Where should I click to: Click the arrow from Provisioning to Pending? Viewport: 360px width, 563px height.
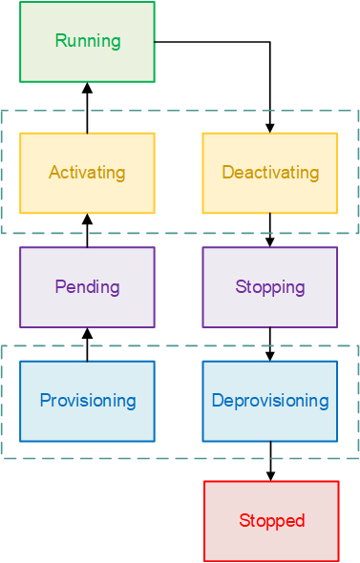[87, 344]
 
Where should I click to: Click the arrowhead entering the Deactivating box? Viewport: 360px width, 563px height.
[270, 127]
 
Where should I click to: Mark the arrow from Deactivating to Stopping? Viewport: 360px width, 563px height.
[270, 230]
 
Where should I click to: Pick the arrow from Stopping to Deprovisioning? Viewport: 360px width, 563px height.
[270, 344]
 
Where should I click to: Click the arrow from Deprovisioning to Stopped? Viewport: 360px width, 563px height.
[270, 461]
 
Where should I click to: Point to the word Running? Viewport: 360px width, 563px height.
[88, 41]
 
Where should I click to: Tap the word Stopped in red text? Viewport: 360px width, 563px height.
[271, 521]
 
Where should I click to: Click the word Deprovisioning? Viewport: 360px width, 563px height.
[270, 401]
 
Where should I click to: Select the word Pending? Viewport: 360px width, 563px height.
[87, 287]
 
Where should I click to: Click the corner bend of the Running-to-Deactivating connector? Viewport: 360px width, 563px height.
[270, 42]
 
